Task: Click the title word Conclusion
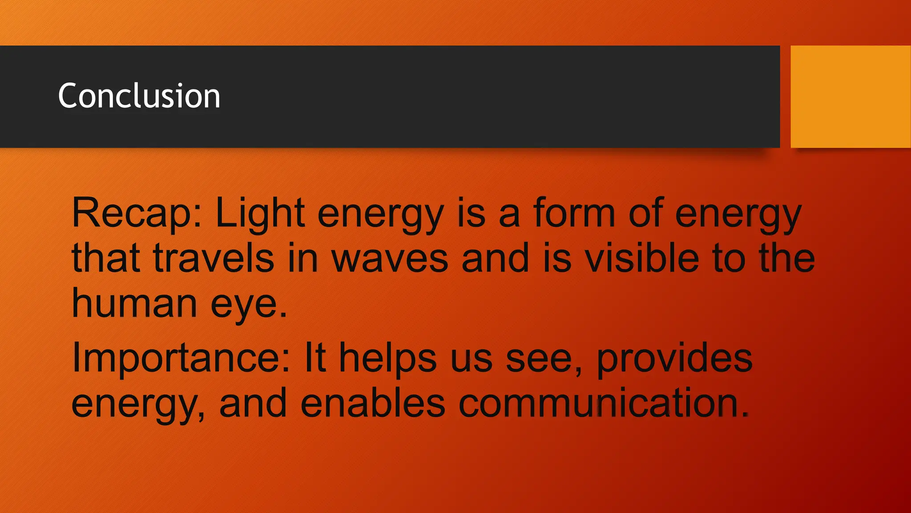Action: click(139, 96)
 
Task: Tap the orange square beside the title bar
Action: click(851, 96)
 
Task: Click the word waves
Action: click(390, 259)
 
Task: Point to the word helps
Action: click(388, 359)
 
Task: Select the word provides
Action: click(674, 359)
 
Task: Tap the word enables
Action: click(373, 403)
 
